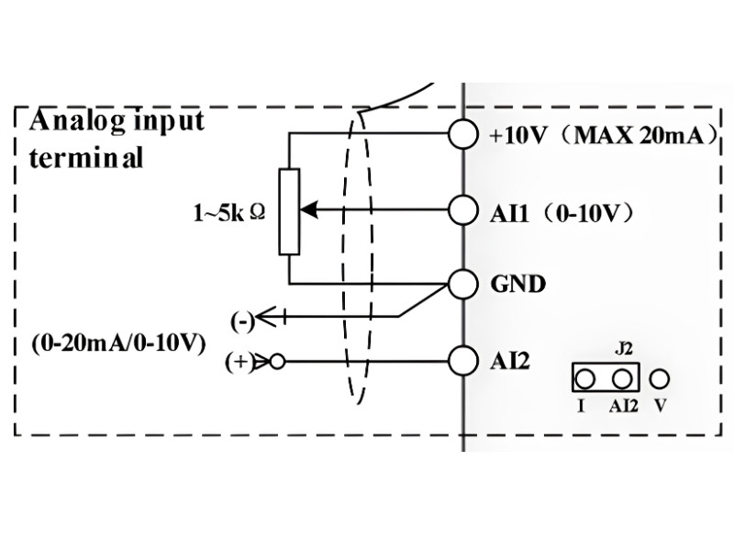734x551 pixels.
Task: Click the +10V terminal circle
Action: (463, 133)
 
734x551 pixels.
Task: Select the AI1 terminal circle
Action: (463, 210)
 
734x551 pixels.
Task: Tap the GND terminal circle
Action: (463, 284)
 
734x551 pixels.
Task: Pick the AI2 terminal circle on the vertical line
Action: (463, 361)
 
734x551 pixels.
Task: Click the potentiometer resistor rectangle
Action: (289, 212)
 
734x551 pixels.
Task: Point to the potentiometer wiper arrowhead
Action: (309, 210)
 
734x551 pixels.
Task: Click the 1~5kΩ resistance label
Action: (229, 213)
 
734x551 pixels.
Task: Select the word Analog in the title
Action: (78, 121)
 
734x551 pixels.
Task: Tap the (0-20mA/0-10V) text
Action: (118, 343)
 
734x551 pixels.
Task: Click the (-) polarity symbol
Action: (242, 322)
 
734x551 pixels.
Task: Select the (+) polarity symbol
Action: (239, 362)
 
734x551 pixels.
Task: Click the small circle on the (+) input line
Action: (277, 362)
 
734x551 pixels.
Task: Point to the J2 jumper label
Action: (624, 349)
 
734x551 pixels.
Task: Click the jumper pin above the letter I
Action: (584, 378)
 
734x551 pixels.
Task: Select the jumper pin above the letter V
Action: (660, 378)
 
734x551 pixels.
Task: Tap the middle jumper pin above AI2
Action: (622, 378)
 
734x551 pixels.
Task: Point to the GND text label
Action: (517, 284)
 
